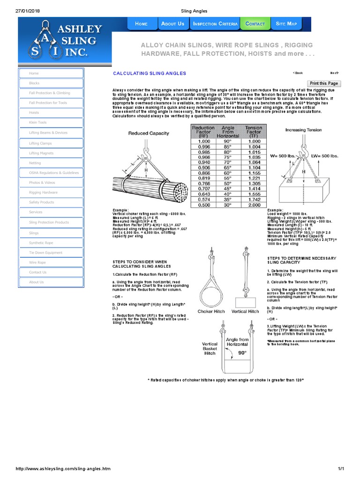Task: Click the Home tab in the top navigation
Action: click(x=141, y=23)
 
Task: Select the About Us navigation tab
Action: click(x=172, y=23)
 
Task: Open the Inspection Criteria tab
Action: click(x=215, y=23)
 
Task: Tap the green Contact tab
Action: click(x=255, y=23)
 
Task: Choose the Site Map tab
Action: click(x=286, y=23)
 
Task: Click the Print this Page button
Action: click(x=323, y=83)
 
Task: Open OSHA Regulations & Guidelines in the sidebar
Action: click(x=51, y=173)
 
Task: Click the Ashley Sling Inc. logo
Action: click(x=65, y=40)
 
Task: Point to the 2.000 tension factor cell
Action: click(x=254, y=205)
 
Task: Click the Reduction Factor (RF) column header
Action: click(x=203, y=130)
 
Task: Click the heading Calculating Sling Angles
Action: click(x=150, y=74)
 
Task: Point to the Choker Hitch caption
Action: click(x=210, y=311)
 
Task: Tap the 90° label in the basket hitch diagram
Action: click(x=242, y=353)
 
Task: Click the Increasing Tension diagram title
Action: click(x=303, y=130)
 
